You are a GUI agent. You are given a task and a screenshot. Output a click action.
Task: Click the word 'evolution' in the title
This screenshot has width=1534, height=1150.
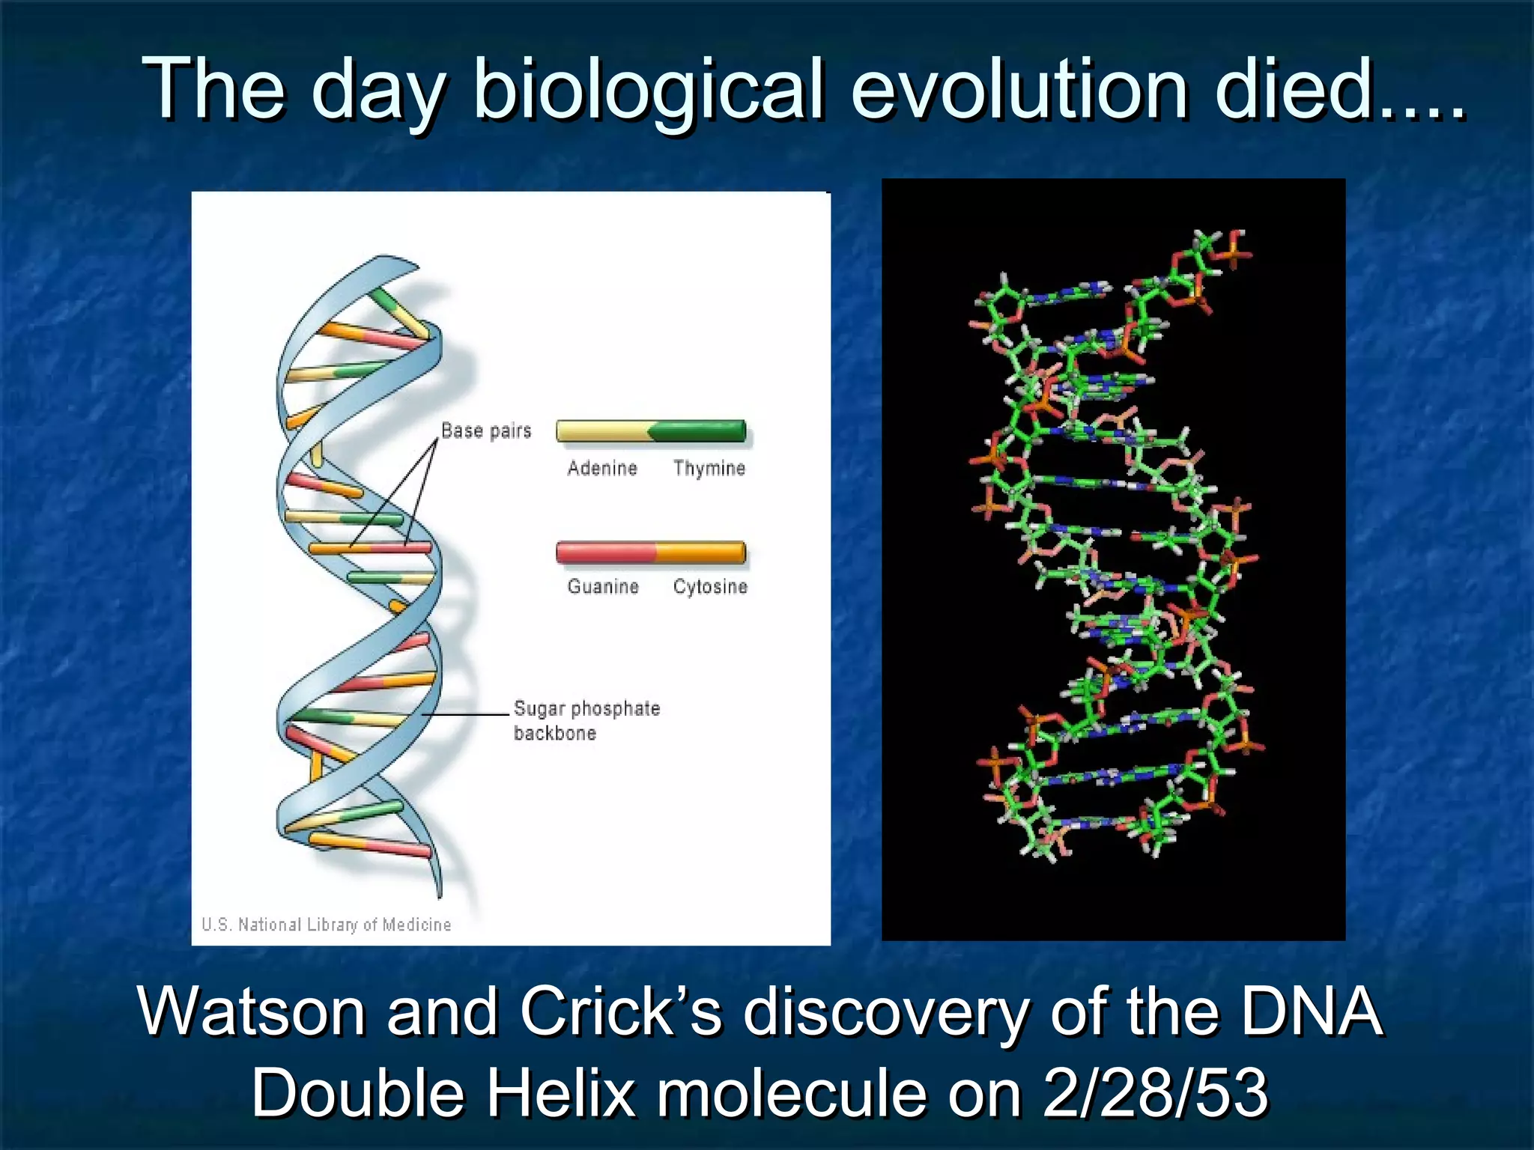click(x=1019, y=90)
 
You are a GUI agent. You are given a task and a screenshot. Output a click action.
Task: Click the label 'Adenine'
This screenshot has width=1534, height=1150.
click(x=602, y=469)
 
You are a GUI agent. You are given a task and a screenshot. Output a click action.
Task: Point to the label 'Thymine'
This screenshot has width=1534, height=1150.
click(x=709, y=469)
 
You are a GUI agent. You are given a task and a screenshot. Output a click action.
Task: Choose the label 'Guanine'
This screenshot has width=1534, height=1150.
click(x=603, y=586)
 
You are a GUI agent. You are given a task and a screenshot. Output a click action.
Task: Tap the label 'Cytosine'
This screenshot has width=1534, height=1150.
click(x=710, y=586)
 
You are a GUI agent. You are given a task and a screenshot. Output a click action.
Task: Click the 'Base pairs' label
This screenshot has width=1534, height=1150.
click(x=486, y=431)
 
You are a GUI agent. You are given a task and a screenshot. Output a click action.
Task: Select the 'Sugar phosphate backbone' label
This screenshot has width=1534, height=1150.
click(x=586, y=720)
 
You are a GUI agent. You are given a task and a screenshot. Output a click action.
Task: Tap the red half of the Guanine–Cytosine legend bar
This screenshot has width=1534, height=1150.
click(x=604, y=553)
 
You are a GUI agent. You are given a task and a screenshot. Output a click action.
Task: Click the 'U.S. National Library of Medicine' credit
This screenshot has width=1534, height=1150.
click(x=327, y=925)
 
